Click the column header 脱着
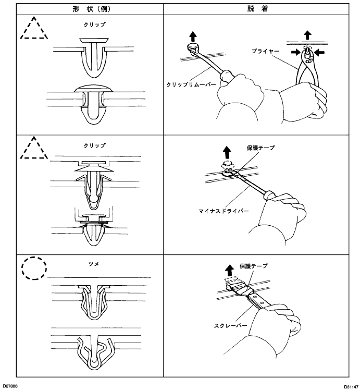pyautogui.click(x=258, y=9)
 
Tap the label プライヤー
pyautogui.click(x=265, y=51)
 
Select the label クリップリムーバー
pyautogui.click(x=191, y=84)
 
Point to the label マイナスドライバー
pyautogui.click(x=224, y=211)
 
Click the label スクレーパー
pyautogui.click(x=231, y=325)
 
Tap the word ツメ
pyautogui.click(x=94, y=264)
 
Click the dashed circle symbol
pyautogui.click(x=34, y=269)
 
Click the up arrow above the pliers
pyautogui.click(x=308, y=35)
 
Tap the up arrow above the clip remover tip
pyautogui.click(x=193, y=36)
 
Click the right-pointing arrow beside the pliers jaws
pyautogui.click(x=296, y=52)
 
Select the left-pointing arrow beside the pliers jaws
pyautogui.click(x=319, y=52)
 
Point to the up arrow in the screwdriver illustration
pyautogui.click(x=227, y=152)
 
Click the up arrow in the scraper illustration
pyautogui.click(x=229, y=270)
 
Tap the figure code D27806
pyautogui.click(x=10, y=386)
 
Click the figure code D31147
pyautogui.click(x=351, y=387)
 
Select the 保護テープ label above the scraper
pyautogui.click(x=253, y=266)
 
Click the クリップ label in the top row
pyautogui.click(x=94, y=25)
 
